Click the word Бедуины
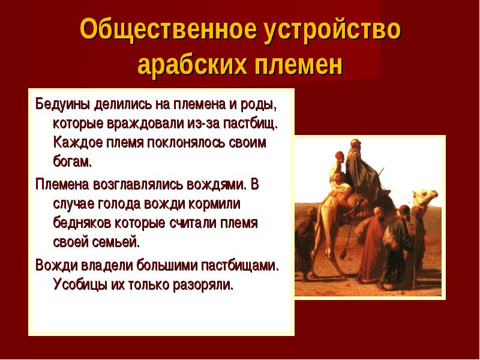62,104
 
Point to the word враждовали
145,124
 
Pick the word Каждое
78,143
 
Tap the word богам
73,162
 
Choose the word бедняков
82,223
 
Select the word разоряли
203,285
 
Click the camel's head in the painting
426,197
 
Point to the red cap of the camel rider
339,154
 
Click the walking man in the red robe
371,245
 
